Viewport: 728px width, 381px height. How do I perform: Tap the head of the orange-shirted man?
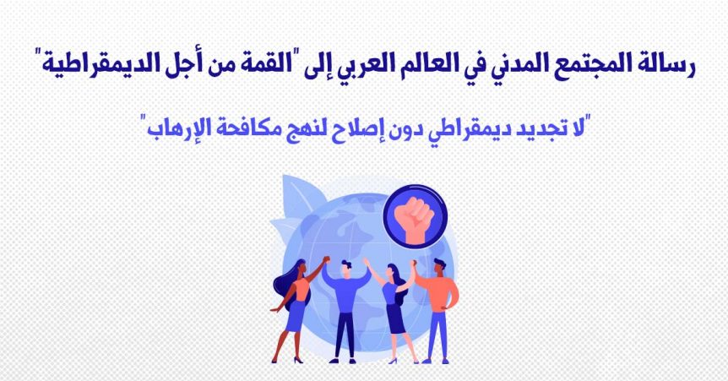coord(439,267)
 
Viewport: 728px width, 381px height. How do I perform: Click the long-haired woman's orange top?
coord(301,290)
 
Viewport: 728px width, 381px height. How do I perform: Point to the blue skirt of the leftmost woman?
coord(296,316)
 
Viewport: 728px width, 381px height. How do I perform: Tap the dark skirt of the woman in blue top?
coord(395,318)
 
